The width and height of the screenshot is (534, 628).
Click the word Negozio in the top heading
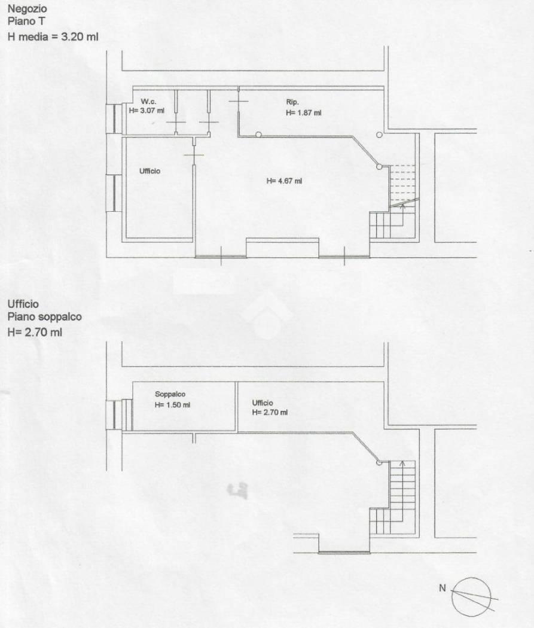pyautogui.click(x=28, y=9)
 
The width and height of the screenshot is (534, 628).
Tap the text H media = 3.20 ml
pyautogui.click(x=53, y=37)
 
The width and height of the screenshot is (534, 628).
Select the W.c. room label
pyautogui.click(x=148, y=102)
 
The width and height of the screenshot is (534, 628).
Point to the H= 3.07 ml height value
pyautogui.click(x=147, y=111)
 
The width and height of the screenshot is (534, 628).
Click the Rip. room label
pyautogui.click(x=292, y=102)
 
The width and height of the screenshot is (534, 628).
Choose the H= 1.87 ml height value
pyautogui.click(x=303, y=113)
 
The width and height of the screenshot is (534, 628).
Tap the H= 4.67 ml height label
pyautogui.click(x=284, y=181)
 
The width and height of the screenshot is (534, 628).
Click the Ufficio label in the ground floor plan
pyautogui.click(x=149, y=171)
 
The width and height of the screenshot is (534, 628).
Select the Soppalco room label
pyautogui.click(x=170, y=395)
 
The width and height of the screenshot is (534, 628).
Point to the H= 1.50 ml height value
pyautogui.click(x=173, y=405)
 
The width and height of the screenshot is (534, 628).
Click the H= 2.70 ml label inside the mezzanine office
pyautogui.click(x=270, y=413)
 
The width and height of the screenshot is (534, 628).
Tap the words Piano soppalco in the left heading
pyautogui.click(x=44, y=317)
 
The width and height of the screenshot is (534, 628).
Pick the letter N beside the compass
pyautogui.click(x=443, y=588)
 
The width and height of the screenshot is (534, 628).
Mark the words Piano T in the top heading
pyautogui.click(x=26, y=22)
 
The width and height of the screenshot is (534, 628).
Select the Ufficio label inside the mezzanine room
pyautogui.click(x=263, y=403)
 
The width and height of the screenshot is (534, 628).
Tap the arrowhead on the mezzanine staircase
pyautogui.click(x=402, y=463)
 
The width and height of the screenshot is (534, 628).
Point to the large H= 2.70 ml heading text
pyautogui.click(x=35, y=332)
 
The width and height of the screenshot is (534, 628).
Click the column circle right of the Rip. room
pyautogui.click(x=379, y=135)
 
